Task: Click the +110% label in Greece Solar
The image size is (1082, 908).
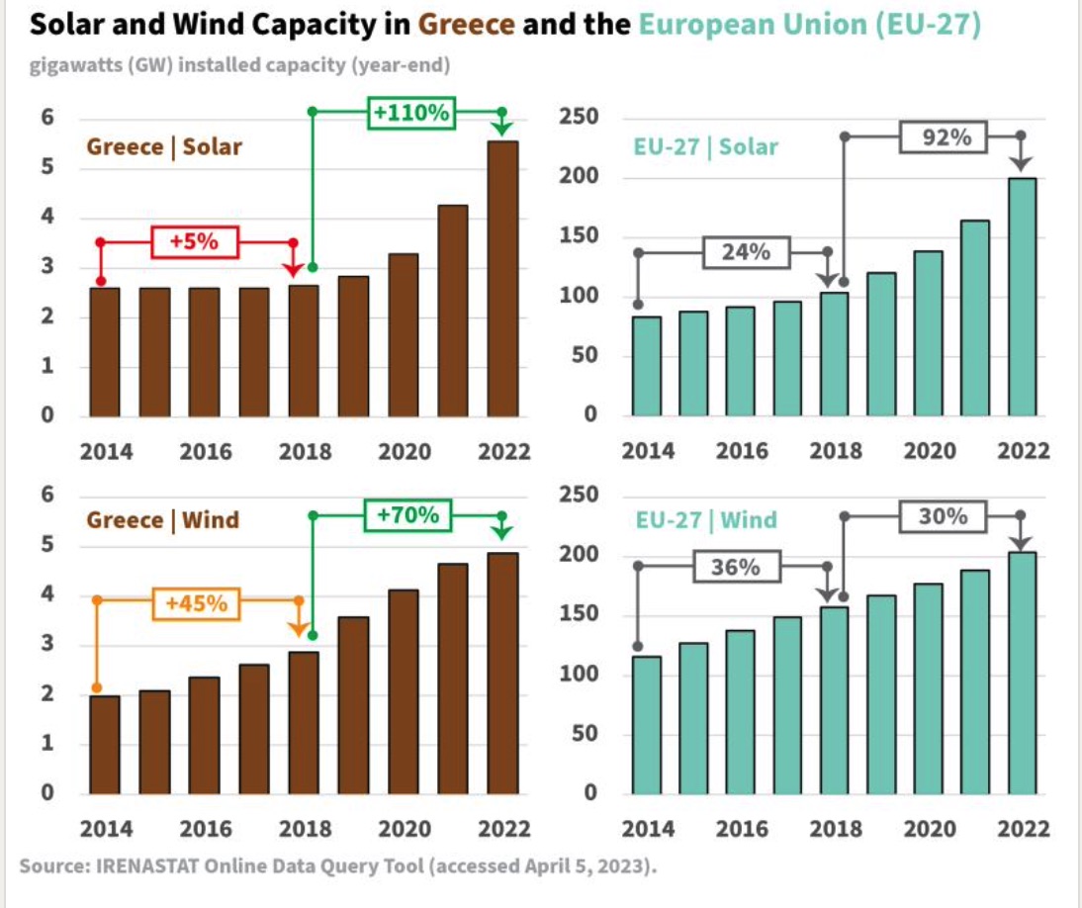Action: (410, 113)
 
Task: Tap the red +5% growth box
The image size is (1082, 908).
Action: (195, 241)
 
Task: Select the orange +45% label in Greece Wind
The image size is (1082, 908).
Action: (196, 602)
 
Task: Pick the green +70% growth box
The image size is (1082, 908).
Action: (408, 515)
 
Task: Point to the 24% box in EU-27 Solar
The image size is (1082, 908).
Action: (746, 252)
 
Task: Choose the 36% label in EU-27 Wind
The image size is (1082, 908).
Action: (735, 567)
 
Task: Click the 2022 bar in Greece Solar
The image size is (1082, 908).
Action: (502, 279)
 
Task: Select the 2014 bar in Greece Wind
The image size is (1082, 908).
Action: (105, 745)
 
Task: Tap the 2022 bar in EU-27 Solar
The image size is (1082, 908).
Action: (1022, 297)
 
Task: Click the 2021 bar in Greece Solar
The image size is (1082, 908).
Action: (453, 311)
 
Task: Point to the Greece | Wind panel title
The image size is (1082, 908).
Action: (163, 520)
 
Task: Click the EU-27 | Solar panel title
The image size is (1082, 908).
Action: (705, 147)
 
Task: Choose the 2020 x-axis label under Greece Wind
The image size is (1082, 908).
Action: (405, 828)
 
